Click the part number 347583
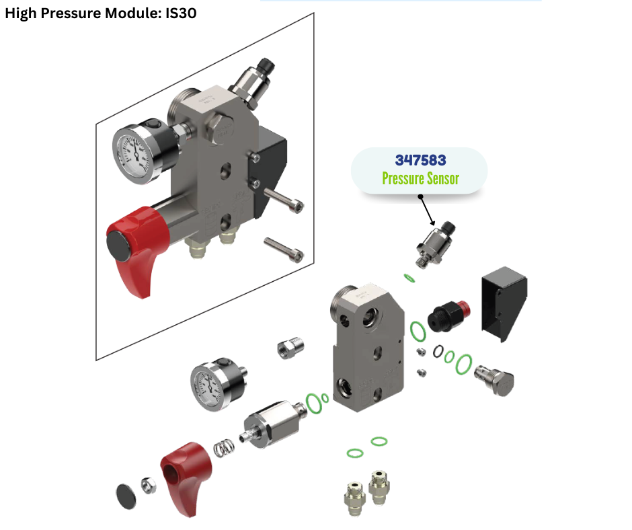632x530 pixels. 420,160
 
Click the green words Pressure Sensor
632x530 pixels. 420,178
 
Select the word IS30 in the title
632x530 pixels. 181,13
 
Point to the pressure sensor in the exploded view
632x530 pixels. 435,243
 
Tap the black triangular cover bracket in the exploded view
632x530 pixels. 504,303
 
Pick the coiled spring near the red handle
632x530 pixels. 224,448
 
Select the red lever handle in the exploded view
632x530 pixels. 186,476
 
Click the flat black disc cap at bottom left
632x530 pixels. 126,496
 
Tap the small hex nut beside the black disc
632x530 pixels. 149,485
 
